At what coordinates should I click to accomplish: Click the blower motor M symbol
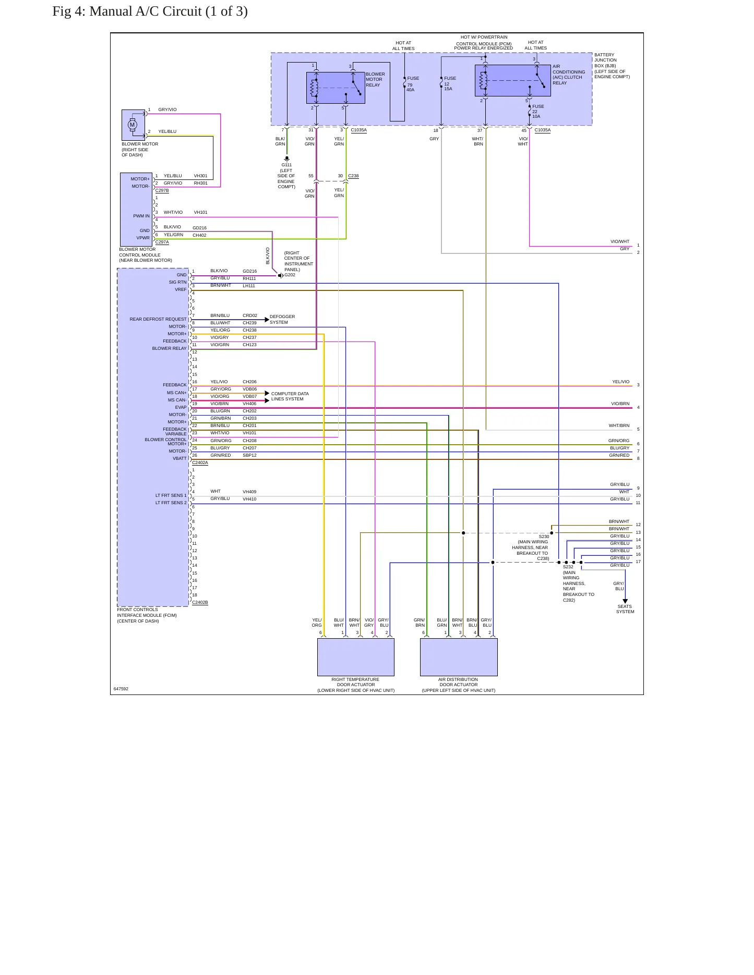[133, 125]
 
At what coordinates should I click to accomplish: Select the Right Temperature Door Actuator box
[356, 657]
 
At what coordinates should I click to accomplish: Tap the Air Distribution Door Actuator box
[459, 657]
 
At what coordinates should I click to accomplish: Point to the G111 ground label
[286, 165]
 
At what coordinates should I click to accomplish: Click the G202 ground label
[290, 275]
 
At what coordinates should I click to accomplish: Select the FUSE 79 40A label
[413, 84]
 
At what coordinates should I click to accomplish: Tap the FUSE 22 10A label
[538, 111]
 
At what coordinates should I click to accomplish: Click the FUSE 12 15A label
[450, 83]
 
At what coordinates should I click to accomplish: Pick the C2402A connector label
[200, 462]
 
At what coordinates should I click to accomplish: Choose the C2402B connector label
[200, 602]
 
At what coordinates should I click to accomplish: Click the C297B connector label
[162, 190]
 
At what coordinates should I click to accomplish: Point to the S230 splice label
[544, 537]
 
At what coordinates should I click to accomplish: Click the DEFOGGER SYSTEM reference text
[282, 320]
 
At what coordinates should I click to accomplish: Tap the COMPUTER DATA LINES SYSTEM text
[290, 396]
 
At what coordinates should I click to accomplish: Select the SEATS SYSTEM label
[625, 609]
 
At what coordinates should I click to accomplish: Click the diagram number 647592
[121, 689]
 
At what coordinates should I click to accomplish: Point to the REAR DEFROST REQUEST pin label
[158, 319]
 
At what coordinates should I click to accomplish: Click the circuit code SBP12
[249, 455]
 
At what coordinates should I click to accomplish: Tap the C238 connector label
[353, 176]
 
